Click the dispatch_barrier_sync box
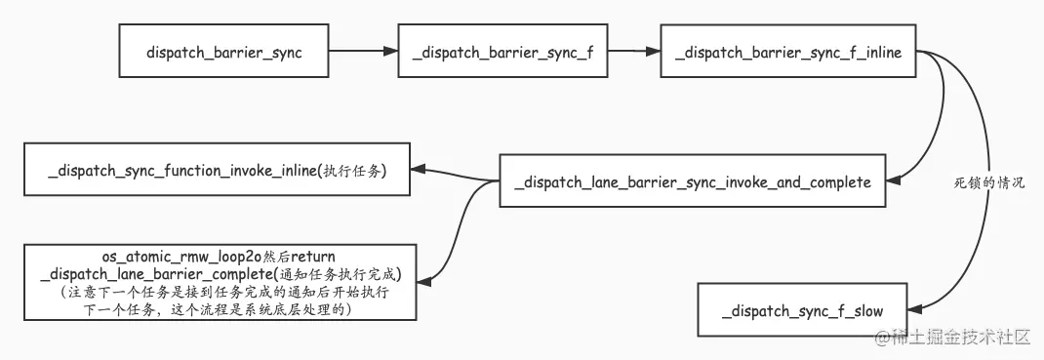pos(223,53)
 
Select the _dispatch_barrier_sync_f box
pos(502,53)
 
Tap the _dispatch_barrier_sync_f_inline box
pos(788,53)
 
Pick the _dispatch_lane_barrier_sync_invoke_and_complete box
pos(693,180)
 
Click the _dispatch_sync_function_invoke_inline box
pos(218,170)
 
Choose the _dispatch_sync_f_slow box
pos(802,311)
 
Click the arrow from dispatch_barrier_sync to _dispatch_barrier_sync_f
pos(362,53)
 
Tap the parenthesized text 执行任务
pos(354,171)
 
